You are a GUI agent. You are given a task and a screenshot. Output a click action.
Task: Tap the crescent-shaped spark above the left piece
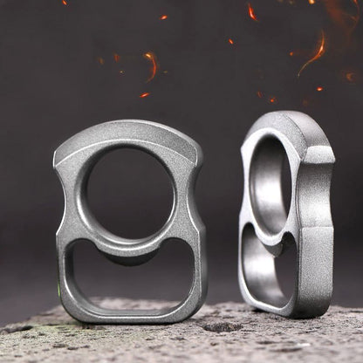point(152,65)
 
